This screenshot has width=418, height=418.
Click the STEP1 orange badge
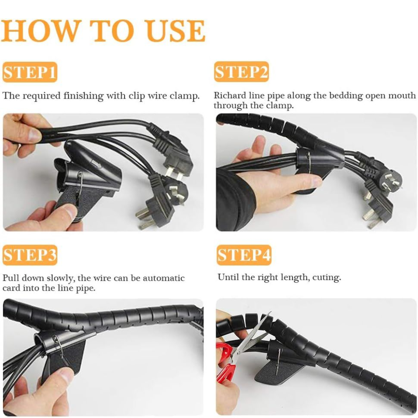[30, 72]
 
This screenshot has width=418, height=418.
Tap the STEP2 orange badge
[241, 72]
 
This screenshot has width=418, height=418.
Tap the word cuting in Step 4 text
[327, 277]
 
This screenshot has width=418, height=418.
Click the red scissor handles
[225, 362]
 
